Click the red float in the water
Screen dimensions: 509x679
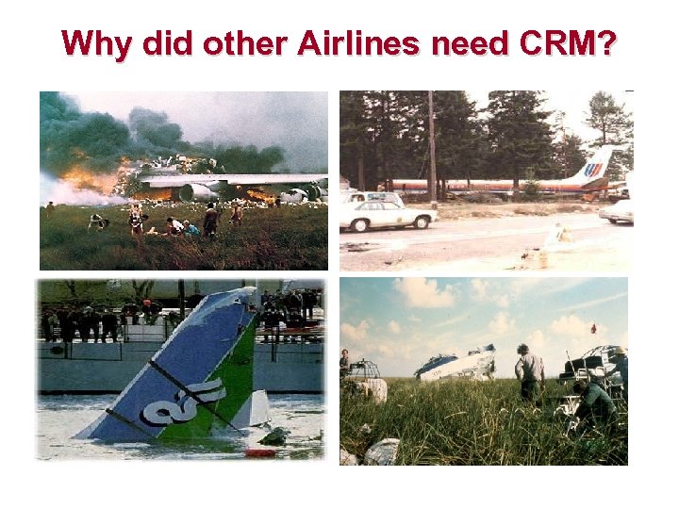(x=259, y=452)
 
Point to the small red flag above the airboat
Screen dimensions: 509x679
(x=593, y=327)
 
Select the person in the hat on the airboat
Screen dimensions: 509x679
(x=618, y=363)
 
